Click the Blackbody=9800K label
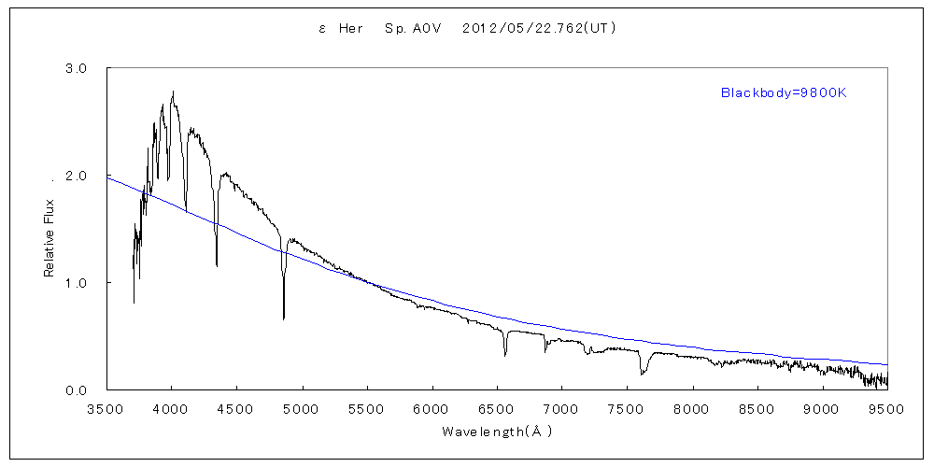click(783, 92)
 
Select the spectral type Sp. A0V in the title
click(410, 29)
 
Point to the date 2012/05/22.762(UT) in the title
click(539, 29)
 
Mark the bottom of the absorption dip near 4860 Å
click(284, 319)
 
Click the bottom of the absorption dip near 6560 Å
click(505, 356)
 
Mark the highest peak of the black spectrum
click(173, 92)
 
